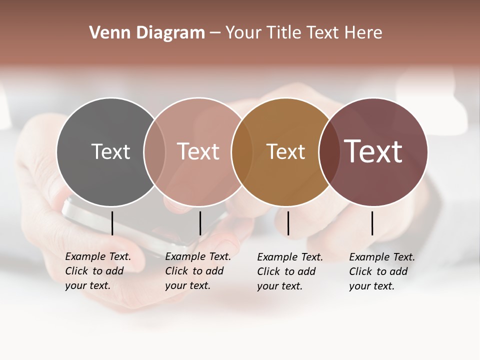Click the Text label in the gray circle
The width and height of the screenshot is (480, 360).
click(x=110, y=151)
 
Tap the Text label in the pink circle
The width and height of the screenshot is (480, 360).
click(x=198, y=151)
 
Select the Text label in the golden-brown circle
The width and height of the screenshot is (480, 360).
click(x=285, y=151)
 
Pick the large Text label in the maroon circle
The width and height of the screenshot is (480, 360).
click(x=373, y=151)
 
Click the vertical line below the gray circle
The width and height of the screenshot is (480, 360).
click(x=112, y=223)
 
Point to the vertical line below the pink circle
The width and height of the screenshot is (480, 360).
click(x=200, y=223)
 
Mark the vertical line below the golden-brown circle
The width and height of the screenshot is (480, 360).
click(x=288, y=223)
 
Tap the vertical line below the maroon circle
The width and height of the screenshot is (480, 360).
click(x=372, y=223)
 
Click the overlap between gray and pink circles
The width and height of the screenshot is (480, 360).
click(x=154, y=151)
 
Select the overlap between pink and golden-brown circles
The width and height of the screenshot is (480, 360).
click(x=242, y=151)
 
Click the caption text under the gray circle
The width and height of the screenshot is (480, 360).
click(x=98, y=271)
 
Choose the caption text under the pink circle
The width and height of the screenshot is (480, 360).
click(x=198, y=271)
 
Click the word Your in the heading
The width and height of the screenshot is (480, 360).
click(x=244, y=32)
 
